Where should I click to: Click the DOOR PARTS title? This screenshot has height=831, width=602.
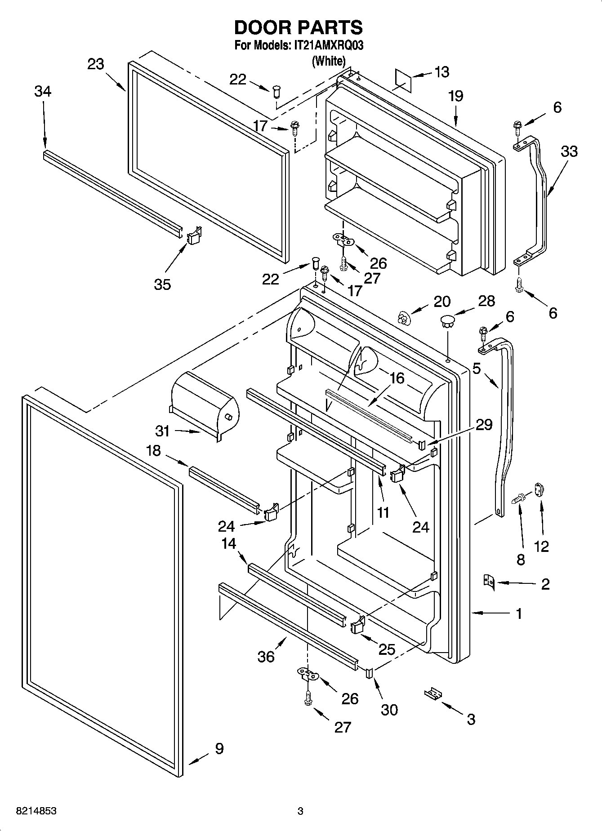point(298,28)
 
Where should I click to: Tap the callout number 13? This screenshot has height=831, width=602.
point(441,72)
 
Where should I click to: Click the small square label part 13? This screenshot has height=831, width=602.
point(403,79)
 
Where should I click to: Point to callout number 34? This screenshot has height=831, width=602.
point(43,91)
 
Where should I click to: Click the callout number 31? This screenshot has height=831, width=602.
point(162,431)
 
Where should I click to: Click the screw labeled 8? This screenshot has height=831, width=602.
point(520,498)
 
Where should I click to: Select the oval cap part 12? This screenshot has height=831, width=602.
point(540,489)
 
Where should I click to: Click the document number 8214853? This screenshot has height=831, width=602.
point(36,811)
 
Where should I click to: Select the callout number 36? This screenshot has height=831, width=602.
point(266,657)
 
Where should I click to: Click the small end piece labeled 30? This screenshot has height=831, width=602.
point(370,672)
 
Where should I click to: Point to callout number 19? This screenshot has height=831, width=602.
point(455,96)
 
